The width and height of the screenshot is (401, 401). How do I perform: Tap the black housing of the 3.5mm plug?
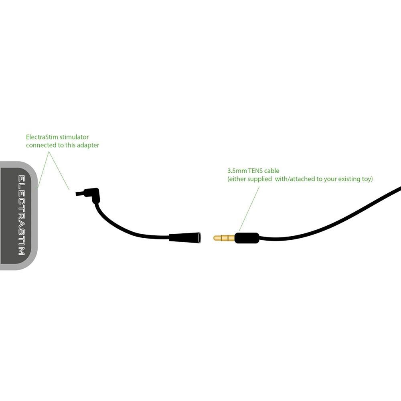[247, 238]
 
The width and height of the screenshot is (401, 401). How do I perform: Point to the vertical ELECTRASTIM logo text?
[21, 215]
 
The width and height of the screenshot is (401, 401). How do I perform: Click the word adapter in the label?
[87, 145]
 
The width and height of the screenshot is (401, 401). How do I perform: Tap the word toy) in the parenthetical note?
[366, 179]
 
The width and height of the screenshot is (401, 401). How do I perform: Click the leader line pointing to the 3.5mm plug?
[249, 208]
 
